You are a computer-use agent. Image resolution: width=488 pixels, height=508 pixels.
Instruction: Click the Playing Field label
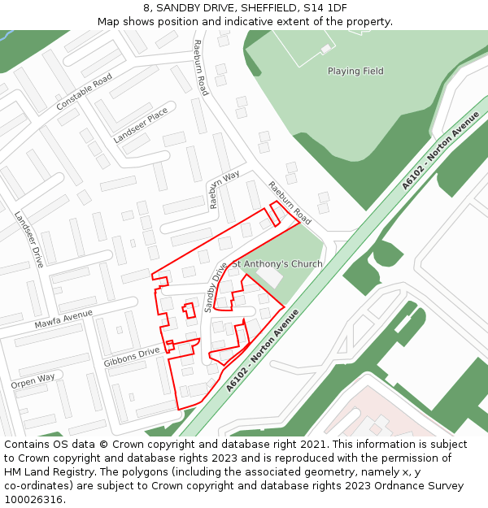(x=355, y=72)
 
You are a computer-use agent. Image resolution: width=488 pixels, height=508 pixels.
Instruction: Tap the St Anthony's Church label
(x=277, y=264)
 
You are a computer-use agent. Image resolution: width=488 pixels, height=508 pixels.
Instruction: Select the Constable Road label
(x=84, y=93)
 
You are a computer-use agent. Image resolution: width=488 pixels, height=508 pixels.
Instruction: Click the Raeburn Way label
(x=224, y=189)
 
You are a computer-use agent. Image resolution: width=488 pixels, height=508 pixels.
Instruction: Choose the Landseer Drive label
(x=28, y=240)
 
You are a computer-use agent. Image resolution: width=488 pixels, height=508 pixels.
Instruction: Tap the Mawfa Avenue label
(x=63, y=319)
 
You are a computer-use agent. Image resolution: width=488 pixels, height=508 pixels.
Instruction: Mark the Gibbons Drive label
(x=132, y=357)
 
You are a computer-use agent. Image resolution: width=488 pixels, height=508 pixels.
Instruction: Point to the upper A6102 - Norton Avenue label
(x=441, y=150)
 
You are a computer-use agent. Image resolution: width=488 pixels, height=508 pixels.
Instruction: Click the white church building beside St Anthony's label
(x=271, y=276)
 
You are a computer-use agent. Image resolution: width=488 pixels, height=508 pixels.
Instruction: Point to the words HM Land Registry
(x=47, y=472)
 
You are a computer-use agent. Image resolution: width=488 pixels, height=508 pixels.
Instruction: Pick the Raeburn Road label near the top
(x=201, y=67)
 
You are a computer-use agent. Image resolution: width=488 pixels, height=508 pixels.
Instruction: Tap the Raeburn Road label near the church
(x=290, y=203)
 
